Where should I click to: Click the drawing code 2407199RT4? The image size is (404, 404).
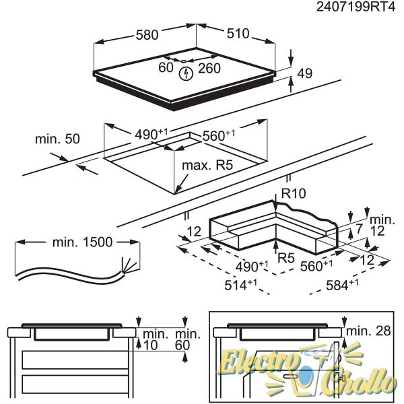pyautogui.click(x=356, y=7)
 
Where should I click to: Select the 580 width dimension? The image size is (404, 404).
pyautogui.click(x=147, y=35)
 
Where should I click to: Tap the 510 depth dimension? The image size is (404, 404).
pyautogui.click(x=238, y=34)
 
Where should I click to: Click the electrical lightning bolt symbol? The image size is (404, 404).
pyautogui.click(x=186, y=73)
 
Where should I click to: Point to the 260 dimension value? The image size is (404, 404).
pyautogui.click(x=209, y=68)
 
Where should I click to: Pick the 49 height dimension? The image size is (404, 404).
pyautogui.click(x=305, y=73)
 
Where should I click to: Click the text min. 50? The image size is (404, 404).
pyautogui.click(x=57, y=139)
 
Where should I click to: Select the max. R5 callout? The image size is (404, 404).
pyautogui.click(x=207, y=165)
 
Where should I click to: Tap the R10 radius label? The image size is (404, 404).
pyautogui.click(x=294, y=193)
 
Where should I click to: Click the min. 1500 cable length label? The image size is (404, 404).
pyautogui.click(x=82, y=242)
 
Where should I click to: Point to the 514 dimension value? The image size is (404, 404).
pyautogui.click(x=240, y=285)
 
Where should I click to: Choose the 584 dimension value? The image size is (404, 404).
pyautogui.click(x=342, y=285)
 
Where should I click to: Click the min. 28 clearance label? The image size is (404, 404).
pyautogui.click(x=369, y=331)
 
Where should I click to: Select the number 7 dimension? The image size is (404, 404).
pyautogui.click(x=359, y=228)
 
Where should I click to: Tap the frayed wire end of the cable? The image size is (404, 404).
pyautogui.click(x=129, y=265)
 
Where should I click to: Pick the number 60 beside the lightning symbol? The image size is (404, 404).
pyautogui.click(x=166, y=68)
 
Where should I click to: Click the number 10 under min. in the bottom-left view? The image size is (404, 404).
pyautogui.click(x=150, y=345)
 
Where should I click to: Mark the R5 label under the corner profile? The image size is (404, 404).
pyautogui.click(x=286, y=258)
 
